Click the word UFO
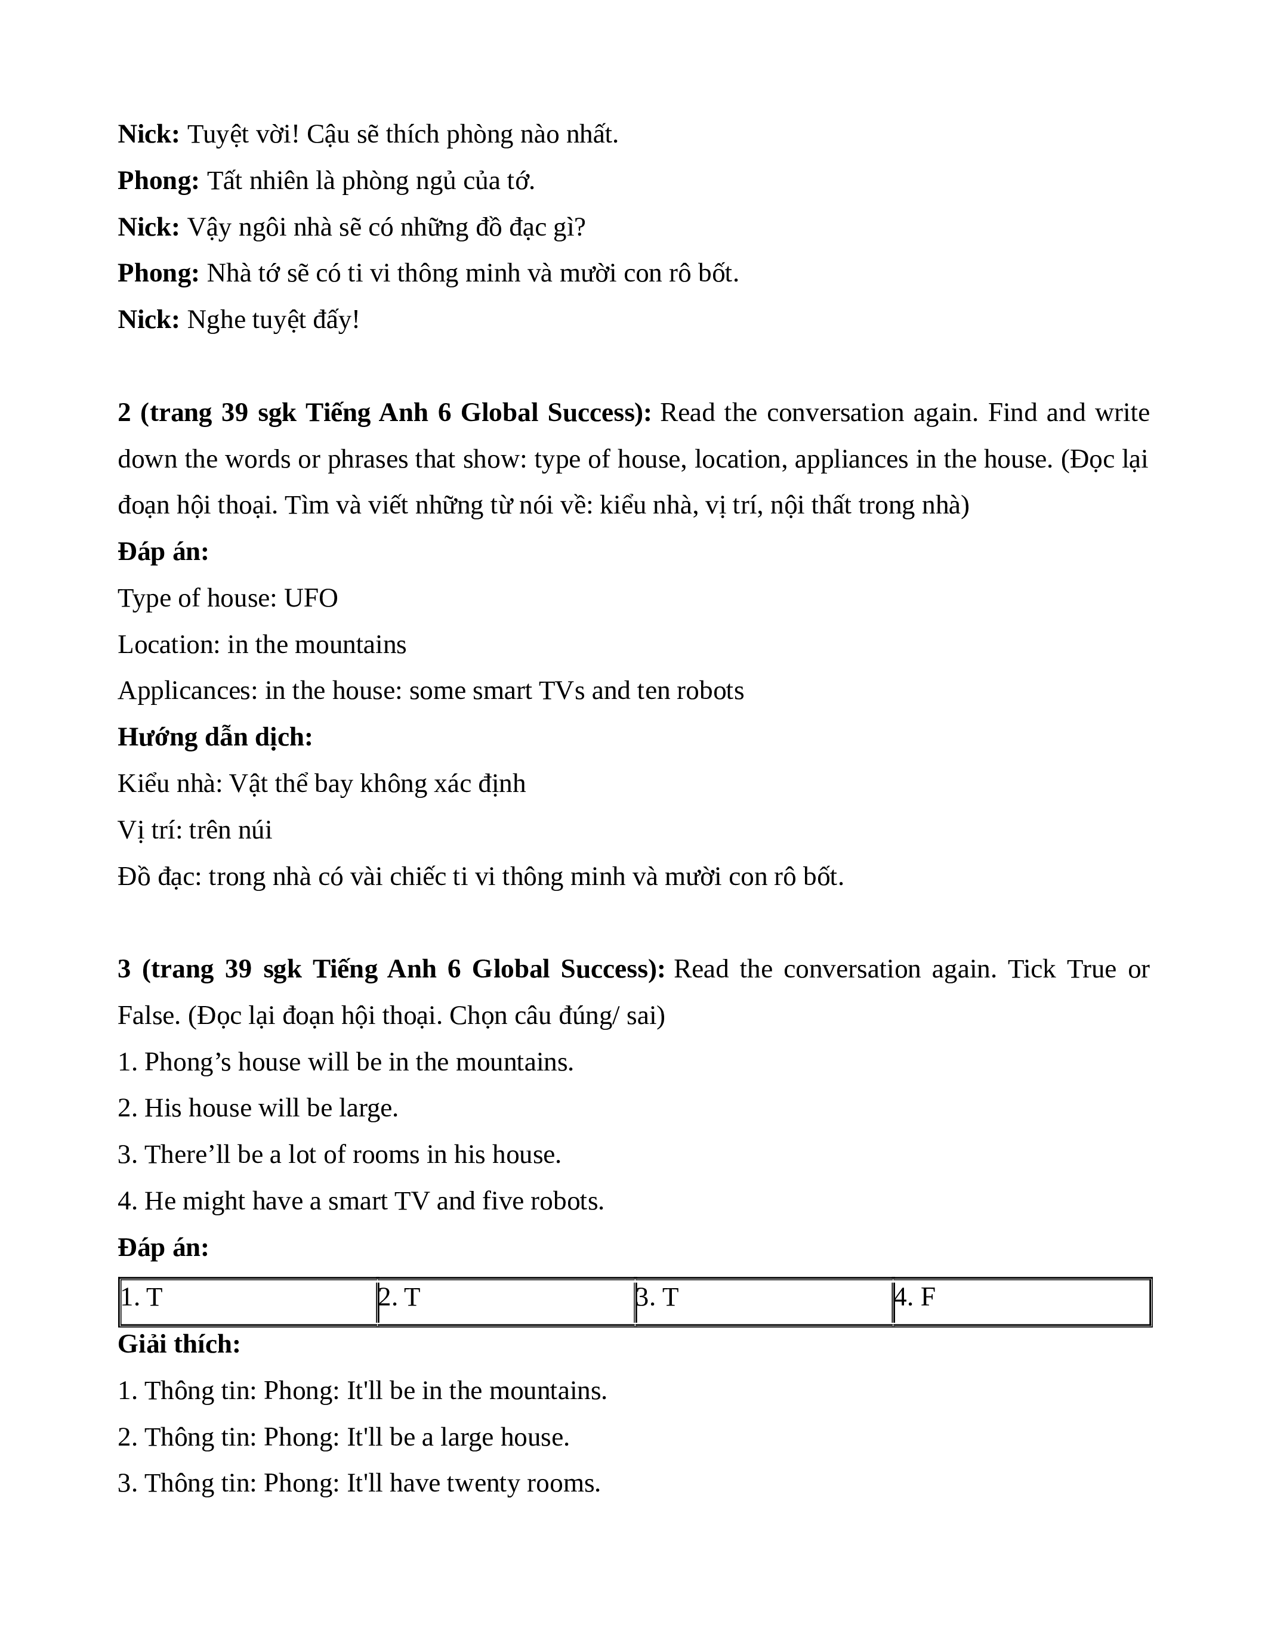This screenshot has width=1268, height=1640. (x=310, y=599)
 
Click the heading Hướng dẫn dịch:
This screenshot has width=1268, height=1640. (x=215, y=737)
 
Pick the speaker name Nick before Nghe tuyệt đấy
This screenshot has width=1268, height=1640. (x=148, y=320)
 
